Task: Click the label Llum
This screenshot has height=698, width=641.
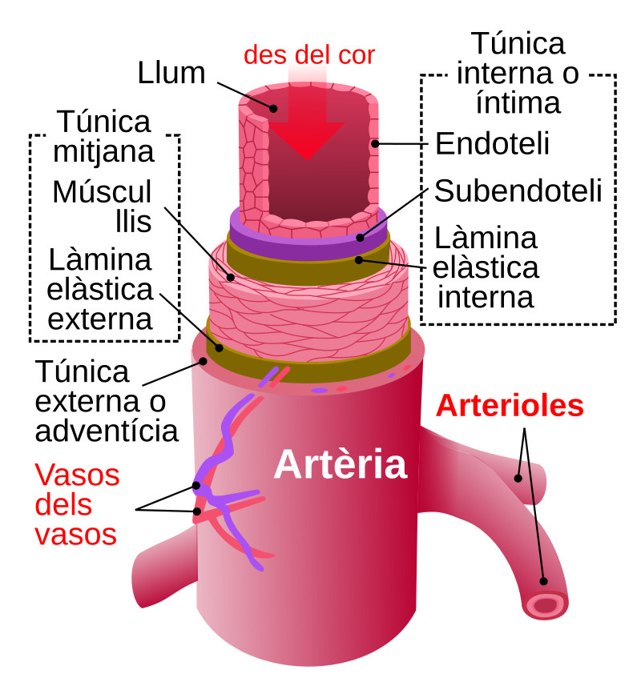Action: (171, 73)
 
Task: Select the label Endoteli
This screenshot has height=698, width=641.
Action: (492, 145)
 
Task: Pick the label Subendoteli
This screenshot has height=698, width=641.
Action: (517, 191)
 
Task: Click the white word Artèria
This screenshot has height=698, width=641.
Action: (340, 464)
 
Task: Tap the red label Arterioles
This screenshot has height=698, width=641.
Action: (510, 406)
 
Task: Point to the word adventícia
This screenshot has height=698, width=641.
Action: (106, 431)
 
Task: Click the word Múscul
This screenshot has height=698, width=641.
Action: (102, 192)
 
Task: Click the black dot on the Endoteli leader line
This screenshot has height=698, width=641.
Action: (373, 145)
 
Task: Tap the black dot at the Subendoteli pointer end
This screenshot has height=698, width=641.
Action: (361, 237)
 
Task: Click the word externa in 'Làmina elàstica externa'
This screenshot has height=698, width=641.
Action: (100, 319)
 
